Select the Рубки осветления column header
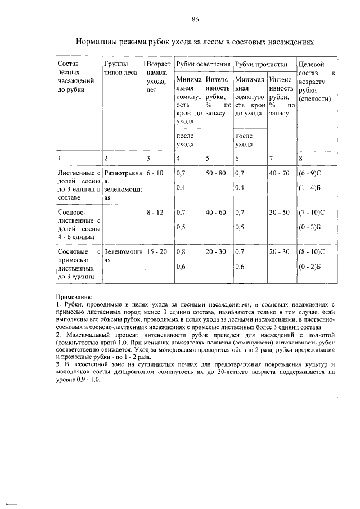(202, 64)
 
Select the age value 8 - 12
(156, 213)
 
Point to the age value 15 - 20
(157, 252)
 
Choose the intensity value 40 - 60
(216, 213)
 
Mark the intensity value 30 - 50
(279, 213)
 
